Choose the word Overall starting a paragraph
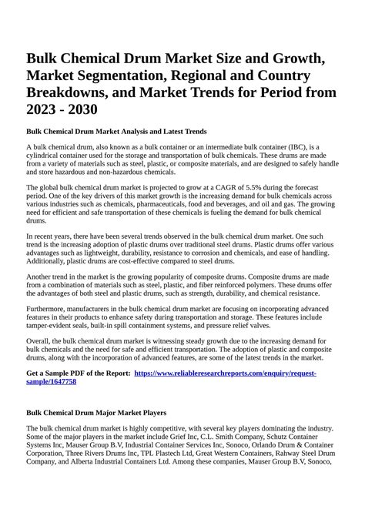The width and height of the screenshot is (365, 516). [41, 353]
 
